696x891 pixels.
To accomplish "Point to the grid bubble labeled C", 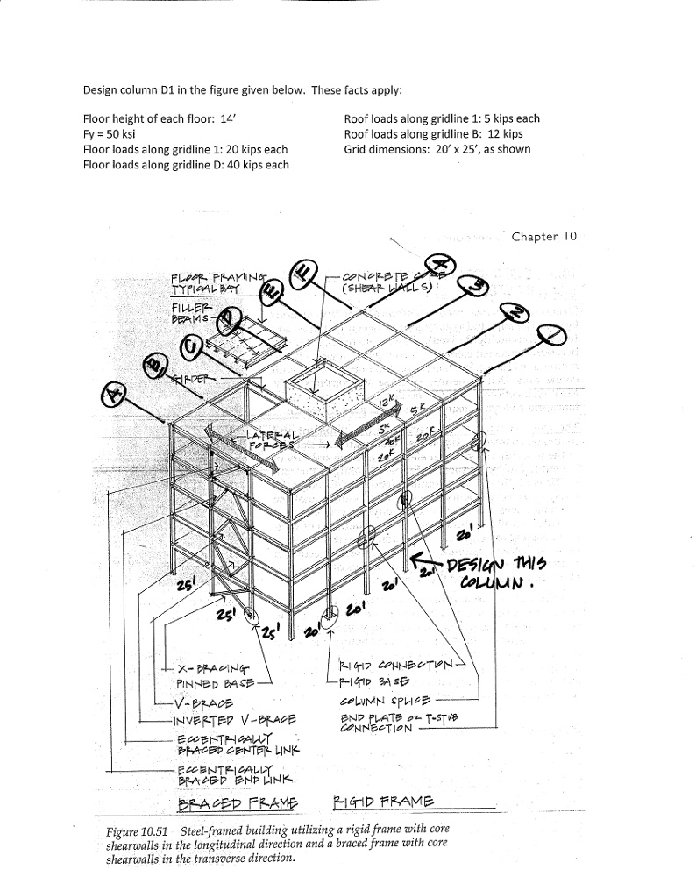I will [190, 348].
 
